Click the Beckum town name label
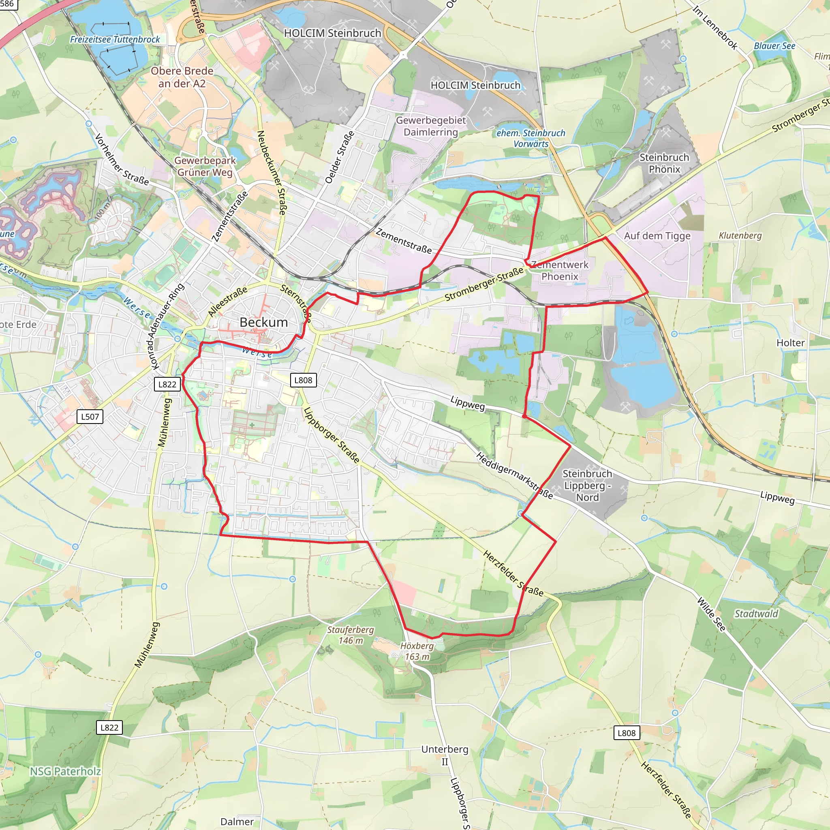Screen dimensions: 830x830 [264, 322]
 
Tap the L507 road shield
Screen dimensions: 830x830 [90, 416]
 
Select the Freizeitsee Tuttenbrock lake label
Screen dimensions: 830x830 [115, 40]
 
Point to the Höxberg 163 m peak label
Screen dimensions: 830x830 [417, 651]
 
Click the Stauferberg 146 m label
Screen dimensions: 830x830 [351, 635]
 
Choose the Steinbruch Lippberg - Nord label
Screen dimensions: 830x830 [587, 486]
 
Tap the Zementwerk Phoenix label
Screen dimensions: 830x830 [560, 270]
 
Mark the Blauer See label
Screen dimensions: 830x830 [774, 46]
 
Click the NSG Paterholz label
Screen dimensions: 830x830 [65, 772]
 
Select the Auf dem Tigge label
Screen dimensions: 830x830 [657, 236]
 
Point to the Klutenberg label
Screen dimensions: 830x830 [740, 235]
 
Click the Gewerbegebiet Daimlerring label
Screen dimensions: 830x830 [431, 126]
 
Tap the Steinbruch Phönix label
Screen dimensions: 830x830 [664, 163]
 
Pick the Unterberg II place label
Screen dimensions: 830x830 [445, 755]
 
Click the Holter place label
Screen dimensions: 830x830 [790, 343]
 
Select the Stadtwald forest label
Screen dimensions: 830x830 [756, 614]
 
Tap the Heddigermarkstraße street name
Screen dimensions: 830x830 [515, 475]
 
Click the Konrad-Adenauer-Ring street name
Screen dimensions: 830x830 [167, 326]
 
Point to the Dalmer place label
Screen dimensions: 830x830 [237, 821]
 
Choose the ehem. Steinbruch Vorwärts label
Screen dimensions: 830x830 [531, 138]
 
